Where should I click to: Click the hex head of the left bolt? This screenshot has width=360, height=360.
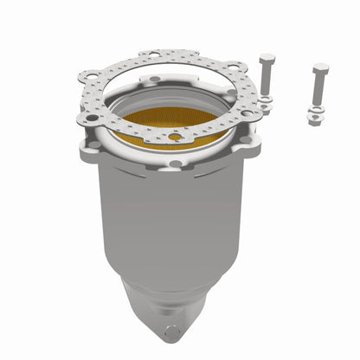click(267, 61)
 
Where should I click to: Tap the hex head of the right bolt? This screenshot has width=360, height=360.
click(320, 68)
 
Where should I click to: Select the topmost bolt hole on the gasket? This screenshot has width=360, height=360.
click(153, 55)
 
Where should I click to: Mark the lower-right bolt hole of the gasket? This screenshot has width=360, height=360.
click(247, 112)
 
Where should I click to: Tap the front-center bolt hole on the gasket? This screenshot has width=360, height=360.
click(177, 137)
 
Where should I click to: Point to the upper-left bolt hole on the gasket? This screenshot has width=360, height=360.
click(87, 76)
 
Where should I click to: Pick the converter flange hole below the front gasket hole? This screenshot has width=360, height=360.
click(177, 163)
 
